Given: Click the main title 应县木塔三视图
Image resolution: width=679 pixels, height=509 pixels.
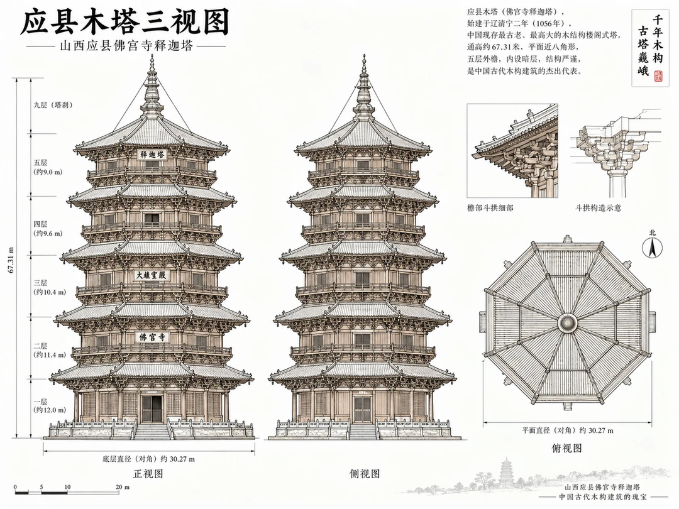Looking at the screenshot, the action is point(125,23).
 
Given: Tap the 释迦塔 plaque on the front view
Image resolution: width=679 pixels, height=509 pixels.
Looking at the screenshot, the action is point(152,155).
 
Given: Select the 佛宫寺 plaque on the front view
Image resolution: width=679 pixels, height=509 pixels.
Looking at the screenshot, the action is point(152,337).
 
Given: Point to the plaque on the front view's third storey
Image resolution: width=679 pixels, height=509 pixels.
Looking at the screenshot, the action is point(151,275).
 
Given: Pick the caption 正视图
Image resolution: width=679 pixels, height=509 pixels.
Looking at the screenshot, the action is point(148,474).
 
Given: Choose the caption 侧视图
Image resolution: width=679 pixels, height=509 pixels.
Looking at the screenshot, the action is point(365,474).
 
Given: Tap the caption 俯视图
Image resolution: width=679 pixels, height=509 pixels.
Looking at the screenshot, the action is point(567,448).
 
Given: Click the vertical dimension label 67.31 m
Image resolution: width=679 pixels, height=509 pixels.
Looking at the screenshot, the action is point(11,260).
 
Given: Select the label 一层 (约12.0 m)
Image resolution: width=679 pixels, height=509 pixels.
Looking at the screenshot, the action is point(50,405).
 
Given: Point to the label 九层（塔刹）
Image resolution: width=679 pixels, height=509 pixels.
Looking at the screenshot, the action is point(53,105).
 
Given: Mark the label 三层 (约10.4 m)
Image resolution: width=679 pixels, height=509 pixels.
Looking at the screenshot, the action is point(50,287).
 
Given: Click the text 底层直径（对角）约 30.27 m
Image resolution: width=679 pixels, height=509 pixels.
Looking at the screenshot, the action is point(148,459).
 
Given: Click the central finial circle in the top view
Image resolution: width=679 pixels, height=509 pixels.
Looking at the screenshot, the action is point(567,322).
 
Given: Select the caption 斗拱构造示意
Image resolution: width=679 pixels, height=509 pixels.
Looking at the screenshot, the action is point(598,208).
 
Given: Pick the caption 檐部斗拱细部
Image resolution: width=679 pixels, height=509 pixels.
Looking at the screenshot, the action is point(490,208).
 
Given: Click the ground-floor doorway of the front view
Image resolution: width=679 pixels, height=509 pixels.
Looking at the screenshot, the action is point(152,408).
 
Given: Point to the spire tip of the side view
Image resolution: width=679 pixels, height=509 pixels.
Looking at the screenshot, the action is point(364,55).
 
